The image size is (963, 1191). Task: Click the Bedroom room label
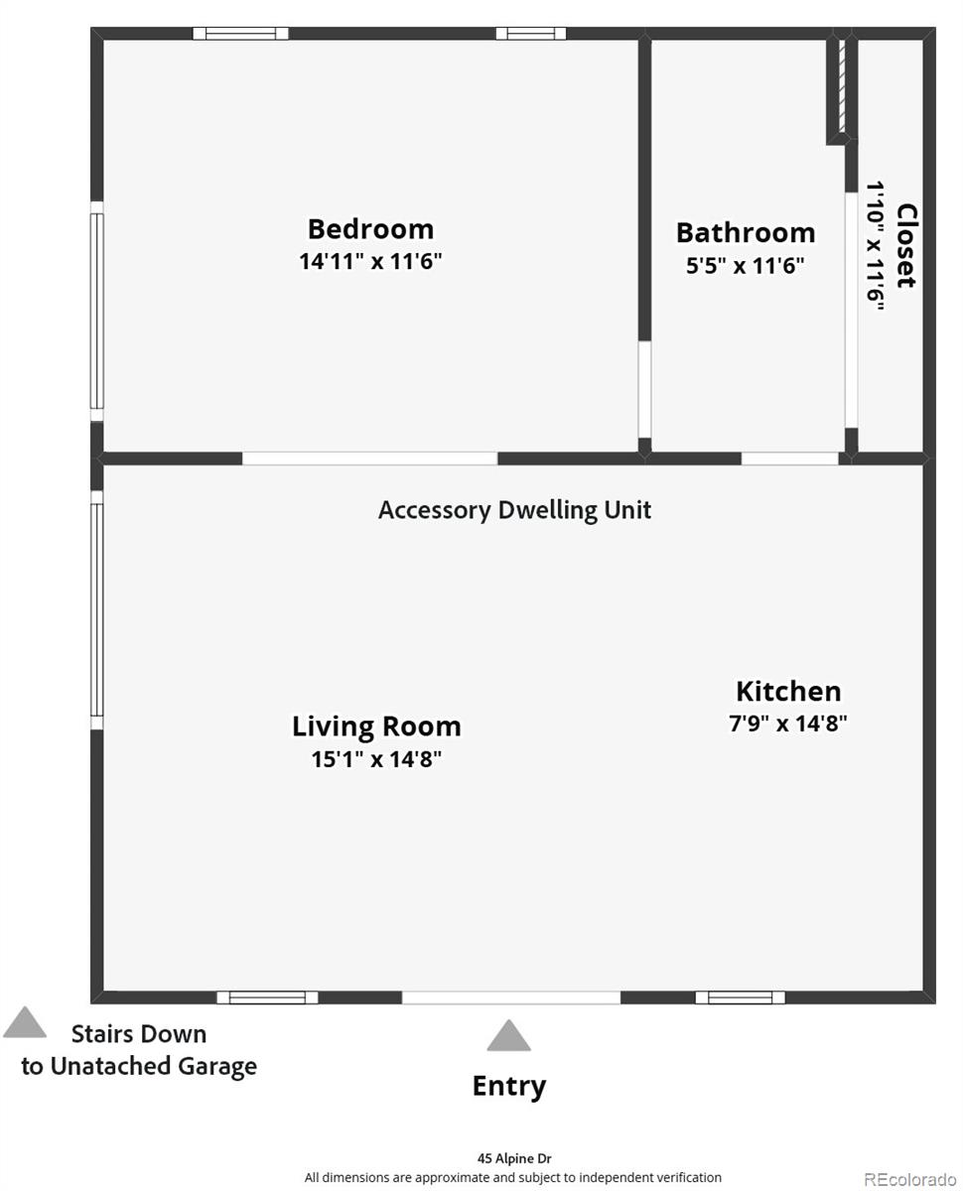(370, 229)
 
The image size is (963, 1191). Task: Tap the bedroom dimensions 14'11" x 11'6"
(370, 262)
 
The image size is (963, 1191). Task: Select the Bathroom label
(746, 232)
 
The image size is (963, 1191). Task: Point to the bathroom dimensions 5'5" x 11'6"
(746, 265)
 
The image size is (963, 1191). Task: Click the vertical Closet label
(905, 245)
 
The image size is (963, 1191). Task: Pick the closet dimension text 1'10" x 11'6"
(876, 245)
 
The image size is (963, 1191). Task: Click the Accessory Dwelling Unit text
(514, 510)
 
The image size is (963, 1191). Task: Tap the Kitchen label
(788, 691)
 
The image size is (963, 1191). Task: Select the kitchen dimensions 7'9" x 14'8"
(788, 724)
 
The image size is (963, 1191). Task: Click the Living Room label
(376, 727)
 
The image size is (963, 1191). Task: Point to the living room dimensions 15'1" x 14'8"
(376, 759)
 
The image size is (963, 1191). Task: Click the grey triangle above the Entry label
(508, 1037)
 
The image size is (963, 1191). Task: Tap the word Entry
(508, 1086)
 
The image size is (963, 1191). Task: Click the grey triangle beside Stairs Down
(25, 1024)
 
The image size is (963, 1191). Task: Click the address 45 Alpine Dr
(513, 1158)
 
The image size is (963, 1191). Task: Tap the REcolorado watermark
(909, 1179)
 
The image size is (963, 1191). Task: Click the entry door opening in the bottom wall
(511, 996)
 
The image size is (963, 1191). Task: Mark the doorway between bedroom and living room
(369, 459)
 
